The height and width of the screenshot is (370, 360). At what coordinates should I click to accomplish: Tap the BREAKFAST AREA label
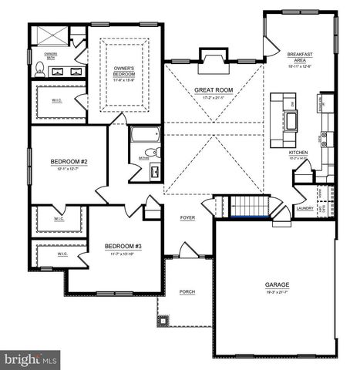point(300,57)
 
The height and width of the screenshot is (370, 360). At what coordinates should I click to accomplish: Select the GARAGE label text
point(278,285)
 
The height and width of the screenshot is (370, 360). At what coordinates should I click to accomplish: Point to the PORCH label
point(187,291)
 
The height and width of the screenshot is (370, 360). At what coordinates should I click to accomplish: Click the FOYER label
point(187,218)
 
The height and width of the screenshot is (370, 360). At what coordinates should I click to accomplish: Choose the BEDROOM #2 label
point(69,161)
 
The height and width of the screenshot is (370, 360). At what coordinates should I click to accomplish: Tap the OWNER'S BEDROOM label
point(124,71)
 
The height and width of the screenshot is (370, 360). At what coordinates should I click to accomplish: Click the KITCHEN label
point(298,153)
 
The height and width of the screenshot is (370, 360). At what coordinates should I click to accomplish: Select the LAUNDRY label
point(303,208)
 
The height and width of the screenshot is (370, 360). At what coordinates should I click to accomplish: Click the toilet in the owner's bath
point(39,69)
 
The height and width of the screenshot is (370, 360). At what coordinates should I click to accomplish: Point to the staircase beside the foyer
point(247,207)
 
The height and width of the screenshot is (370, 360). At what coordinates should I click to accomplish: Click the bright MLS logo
point(31,359)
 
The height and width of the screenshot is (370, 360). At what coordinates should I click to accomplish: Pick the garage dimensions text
point(278,291)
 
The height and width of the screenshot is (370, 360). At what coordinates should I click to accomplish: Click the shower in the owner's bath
point(51,36)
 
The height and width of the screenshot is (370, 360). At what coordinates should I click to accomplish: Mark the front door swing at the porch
point(188,249)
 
